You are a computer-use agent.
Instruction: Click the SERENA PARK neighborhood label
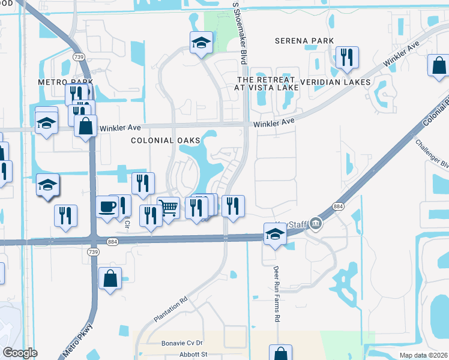coord(303,41)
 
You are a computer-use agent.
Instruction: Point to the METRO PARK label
coord(65,82)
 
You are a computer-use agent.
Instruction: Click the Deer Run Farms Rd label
coord(277,295)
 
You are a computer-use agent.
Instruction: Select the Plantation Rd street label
coord(171,308)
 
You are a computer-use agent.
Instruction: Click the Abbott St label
coord(193,354)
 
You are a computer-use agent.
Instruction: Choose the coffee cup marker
coord(107,207)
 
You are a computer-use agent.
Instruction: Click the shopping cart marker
coord(169,208)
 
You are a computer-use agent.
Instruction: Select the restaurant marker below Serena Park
coord(347,58)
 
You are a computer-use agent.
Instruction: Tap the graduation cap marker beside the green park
coord(202,43)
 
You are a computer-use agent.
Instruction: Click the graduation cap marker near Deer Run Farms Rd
coord(274,233)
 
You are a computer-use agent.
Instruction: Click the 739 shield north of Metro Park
coord(79,56)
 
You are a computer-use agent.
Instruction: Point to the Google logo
coord(19,353)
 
